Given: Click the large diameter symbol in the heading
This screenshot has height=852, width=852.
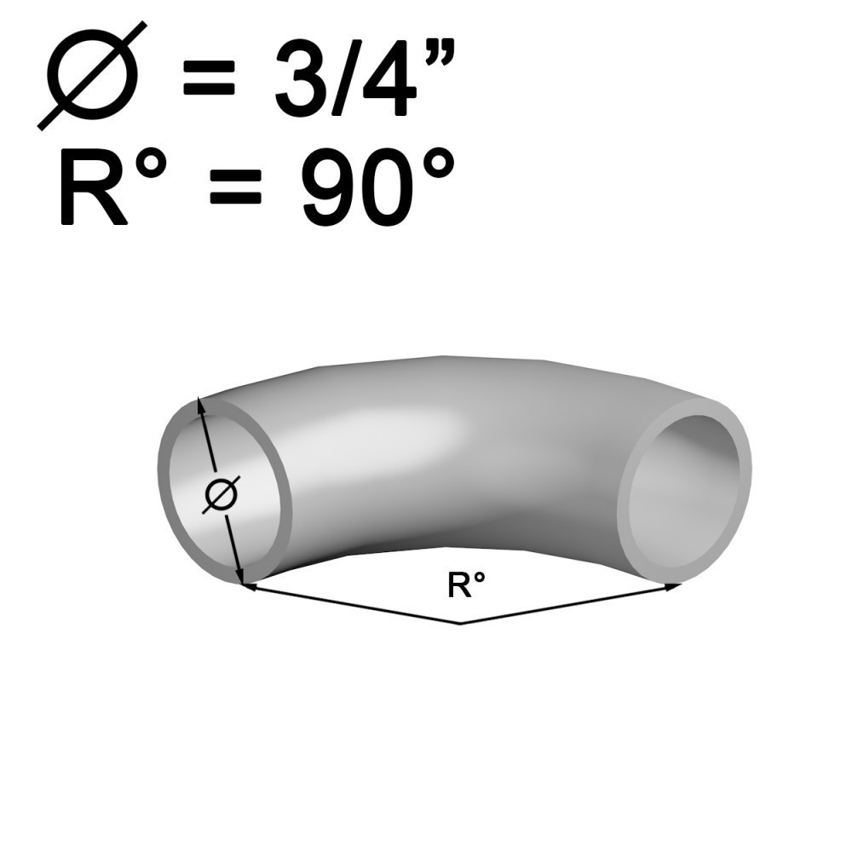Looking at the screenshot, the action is pyautogui.click(x=92, y=77).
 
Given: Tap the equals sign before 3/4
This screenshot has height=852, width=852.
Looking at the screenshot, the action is pyautogui.click(x=209, y=78).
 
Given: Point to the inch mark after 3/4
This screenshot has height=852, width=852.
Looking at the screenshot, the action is pyautogui.click(x=439, y=55).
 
